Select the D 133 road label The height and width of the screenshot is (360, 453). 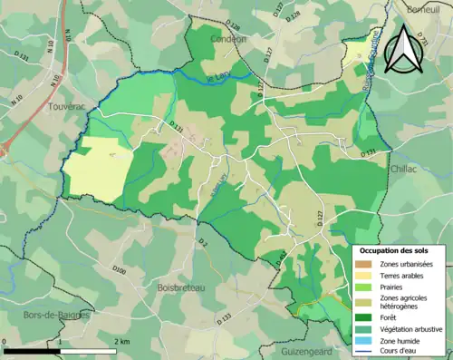click(226, 317)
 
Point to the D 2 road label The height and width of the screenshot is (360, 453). click(203, 243)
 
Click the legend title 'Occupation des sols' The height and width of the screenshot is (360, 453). click(394, 250)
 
